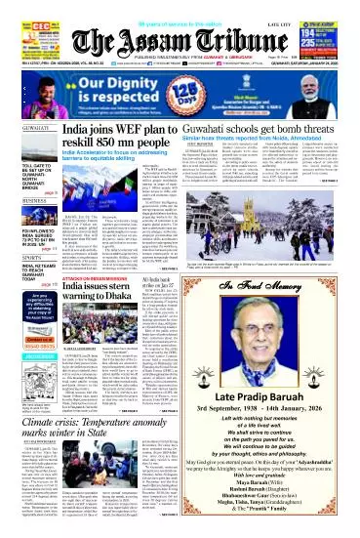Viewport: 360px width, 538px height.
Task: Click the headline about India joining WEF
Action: click(121, 136)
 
